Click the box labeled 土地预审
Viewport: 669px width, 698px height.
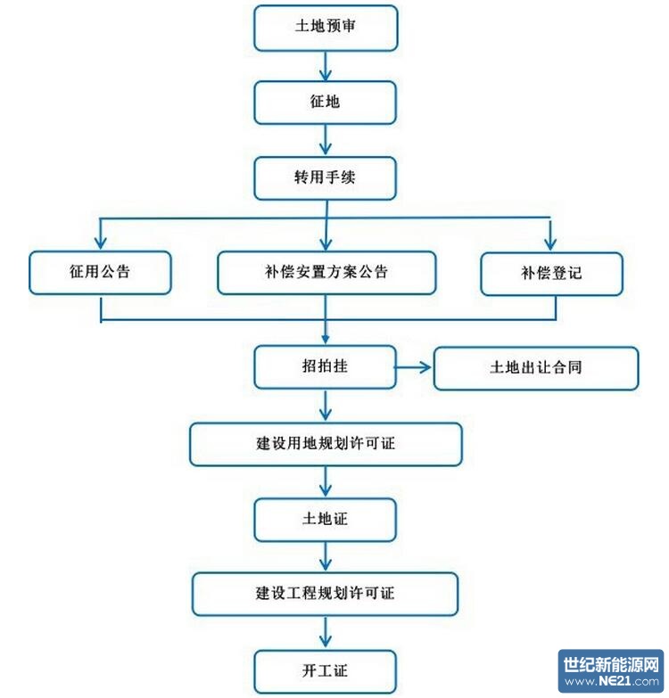pos(326,28)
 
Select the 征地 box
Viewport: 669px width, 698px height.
pos(326,102)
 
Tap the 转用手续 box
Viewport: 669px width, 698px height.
pos(326,177)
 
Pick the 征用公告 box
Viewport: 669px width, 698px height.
pos(100,272)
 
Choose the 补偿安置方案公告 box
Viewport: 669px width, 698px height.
pos(326,272)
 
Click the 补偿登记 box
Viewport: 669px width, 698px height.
pos(549,272)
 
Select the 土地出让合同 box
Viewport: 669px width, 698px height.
pos(536,367)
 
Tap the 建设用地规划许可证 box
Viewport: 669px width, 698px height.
pos(326,443)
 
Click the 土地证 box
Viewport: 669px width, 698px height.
pos(326,519)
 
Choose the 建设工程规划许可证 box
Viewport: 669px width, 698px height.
pos(326,593)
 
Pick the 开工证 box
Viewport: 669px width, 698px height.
pos(326,669)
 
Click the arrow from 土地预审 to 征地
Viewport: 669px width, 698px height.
pos(326,65)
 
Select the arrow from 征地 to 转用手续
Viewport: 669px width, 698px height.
pos(326,140)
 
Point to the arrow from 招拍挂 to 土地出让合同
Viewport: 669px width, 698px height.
pos(414,367)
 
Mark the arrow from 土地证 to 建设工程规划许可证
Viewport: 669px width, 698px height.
pos(326,556)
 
